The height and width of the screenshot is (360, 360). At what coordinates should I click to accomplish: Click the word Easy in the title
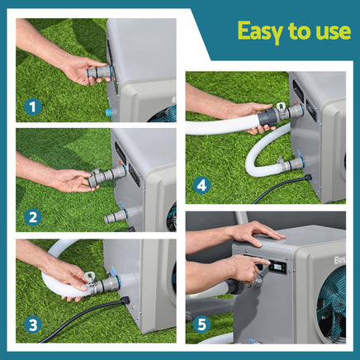pyautogui.click(x=258, y=31)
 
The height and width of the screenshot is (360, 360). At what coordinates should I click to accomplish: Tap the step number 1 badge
pyautogui.click(x=33, y=106)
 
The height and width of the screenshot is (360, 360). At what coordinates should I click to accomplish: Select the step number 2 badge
pyautogui.click(x=33, y=218)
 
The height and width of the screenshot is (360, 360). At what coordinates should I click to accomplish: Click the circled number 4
pyautogui.click(x=202, y=186)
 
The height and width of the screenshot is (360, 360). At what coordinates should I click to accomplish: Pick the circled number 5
pyautogui.click(x=202, y=324)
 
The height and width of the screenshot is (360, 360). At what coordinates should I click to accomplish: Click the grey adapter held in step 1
pyautogui.click(x=98, y=73)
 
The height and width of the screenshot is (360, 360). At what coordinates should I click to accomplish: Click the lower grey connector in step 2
pyautogui.click(x=115, y=216)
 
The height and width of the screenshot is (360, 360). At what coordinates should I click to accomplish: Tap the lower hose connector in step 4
pyautogui.click(x=291, y=164)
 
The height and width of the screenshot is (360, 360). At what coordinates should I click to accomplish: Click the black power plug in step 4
pyautogui.click(x=307, y=177)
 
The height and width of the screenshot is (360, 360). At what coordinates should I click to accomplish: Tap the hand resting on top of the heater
pyautogui.click(x=252, y=232)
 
